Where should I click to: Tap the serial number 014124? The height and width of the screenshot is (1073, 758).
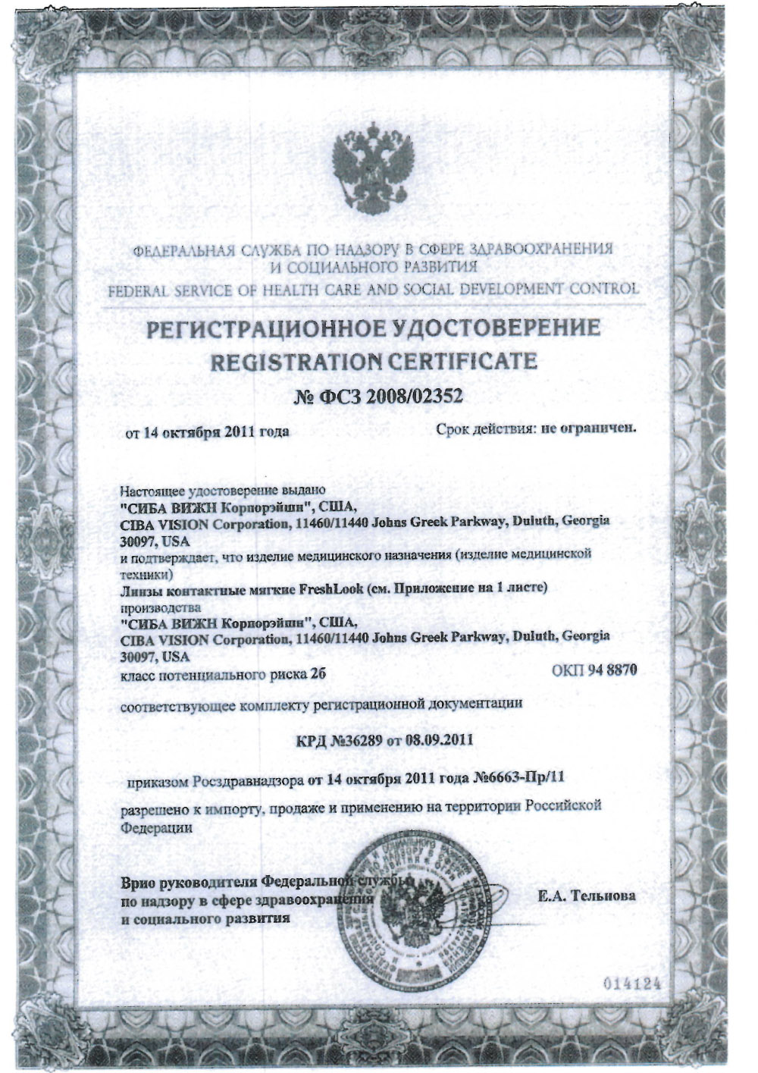pyautogui.click(x=633, y=984)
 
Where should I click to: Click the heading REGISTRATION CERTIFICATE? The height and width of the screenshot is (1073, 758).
pyautogui.click(x=373, y=361)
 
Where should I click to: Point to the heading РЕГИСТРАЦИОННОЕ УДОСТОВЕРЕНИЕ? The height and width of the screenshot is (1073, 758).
pyautogui.click(x=373, y=330)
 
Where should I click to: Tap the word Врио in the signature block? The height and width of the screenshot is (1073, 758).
pyautogui.click(x=138, y=883)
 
